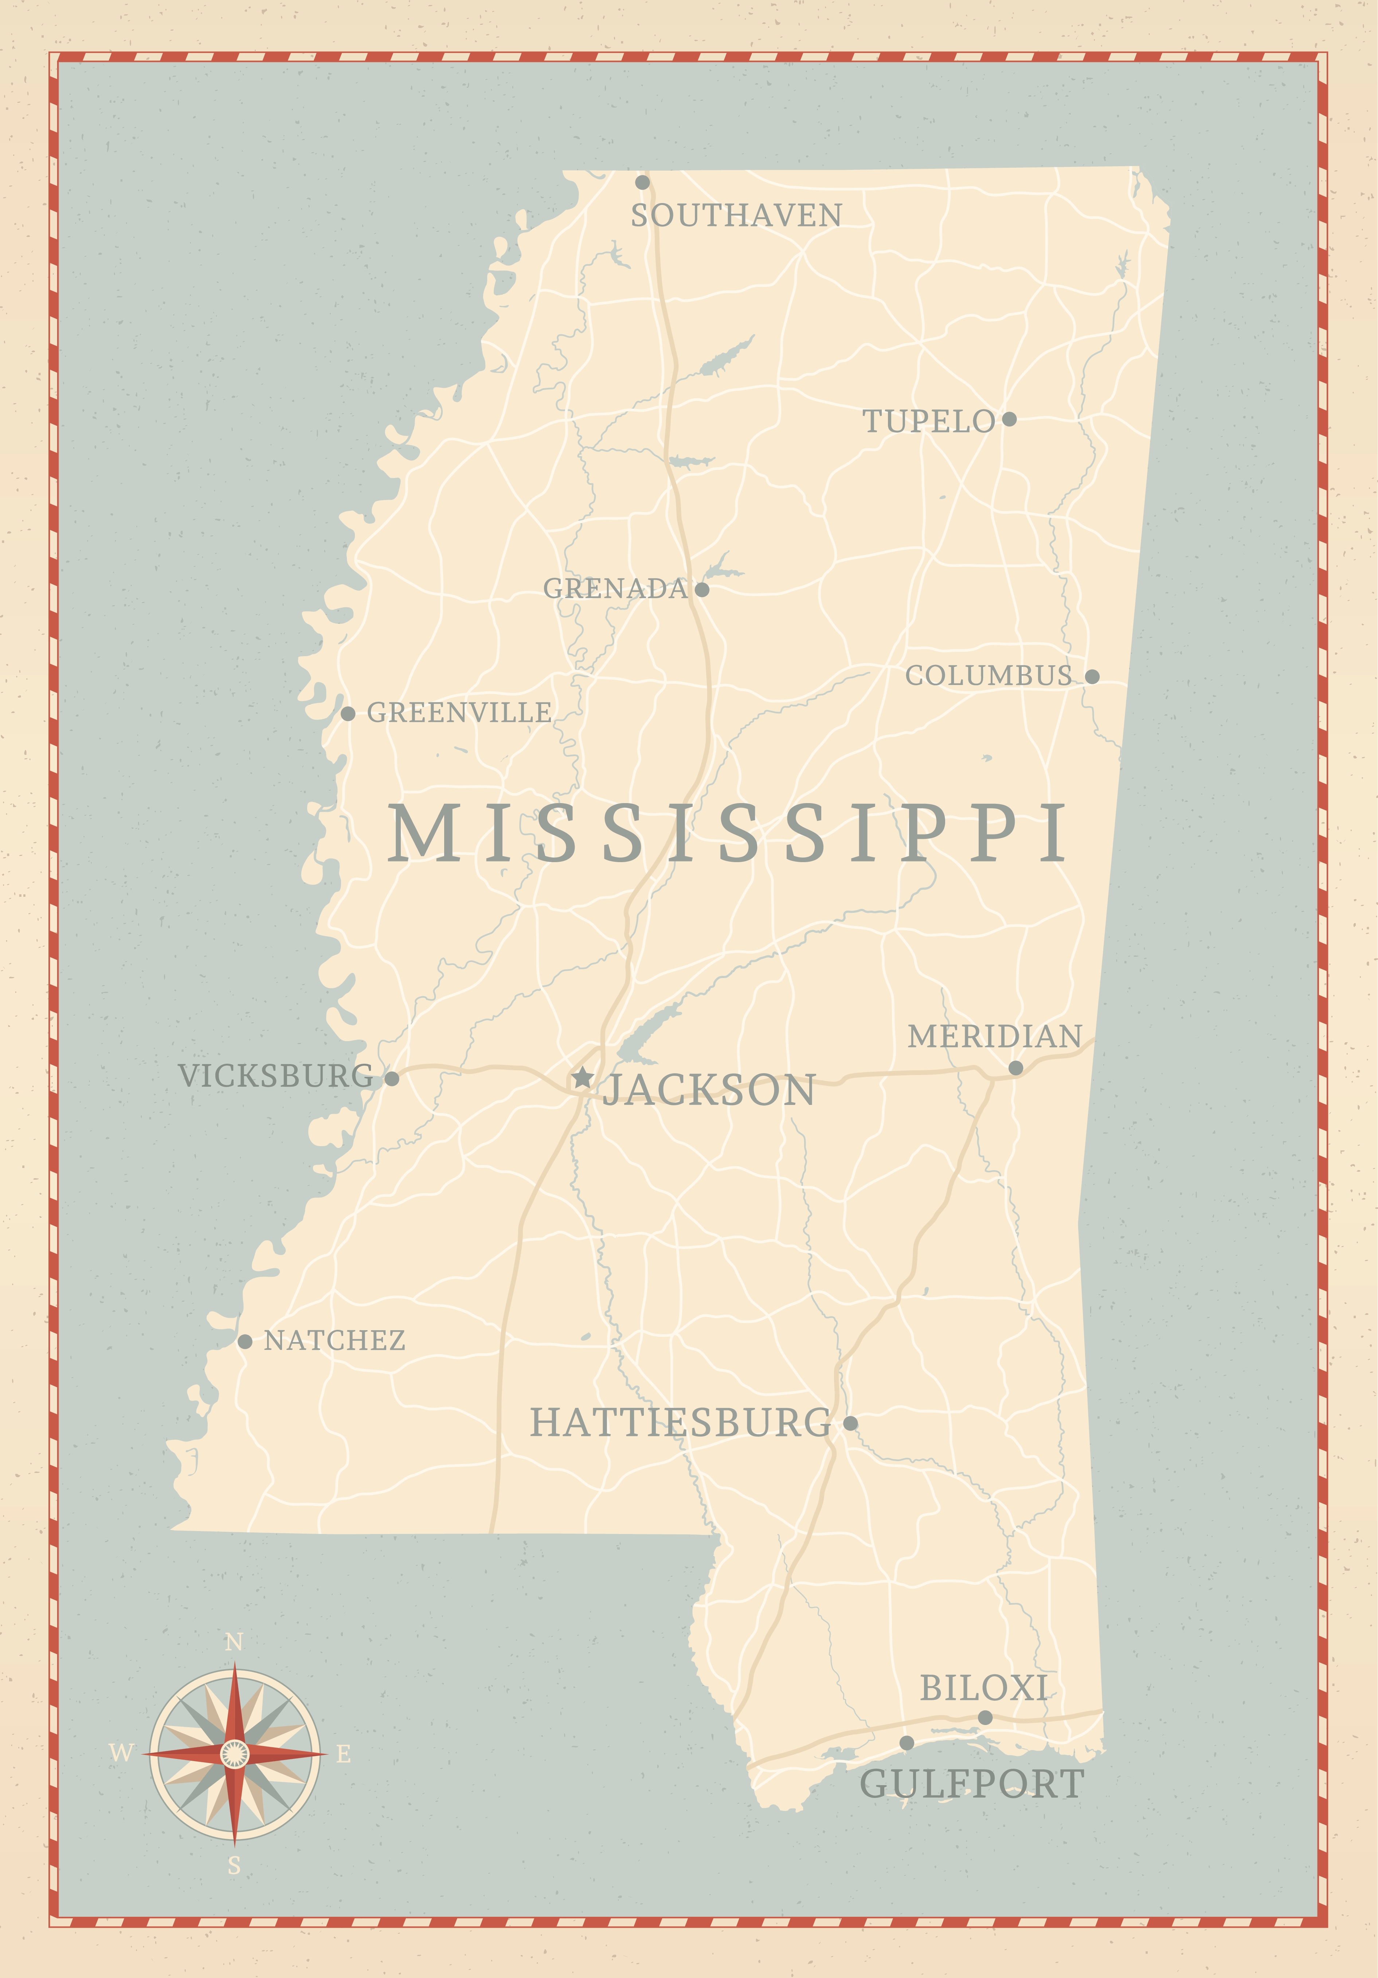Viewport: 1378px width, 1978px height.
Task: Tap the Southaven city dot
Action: (x=642, y=183)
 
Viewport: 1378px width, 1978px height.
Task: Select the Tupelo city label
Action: (x=928, y=421)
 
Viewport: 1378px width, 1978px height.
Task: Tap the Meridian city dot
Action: (x=1015, y=1068)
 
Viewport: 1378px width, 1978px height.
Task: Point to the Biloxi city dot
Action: (x=985, y=1718)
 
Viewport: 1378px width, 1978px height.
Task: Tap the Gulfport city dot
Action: (x=907, y=1743)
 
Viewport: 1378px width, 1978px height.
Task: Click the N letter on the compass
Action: (x=234, y=1643)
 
